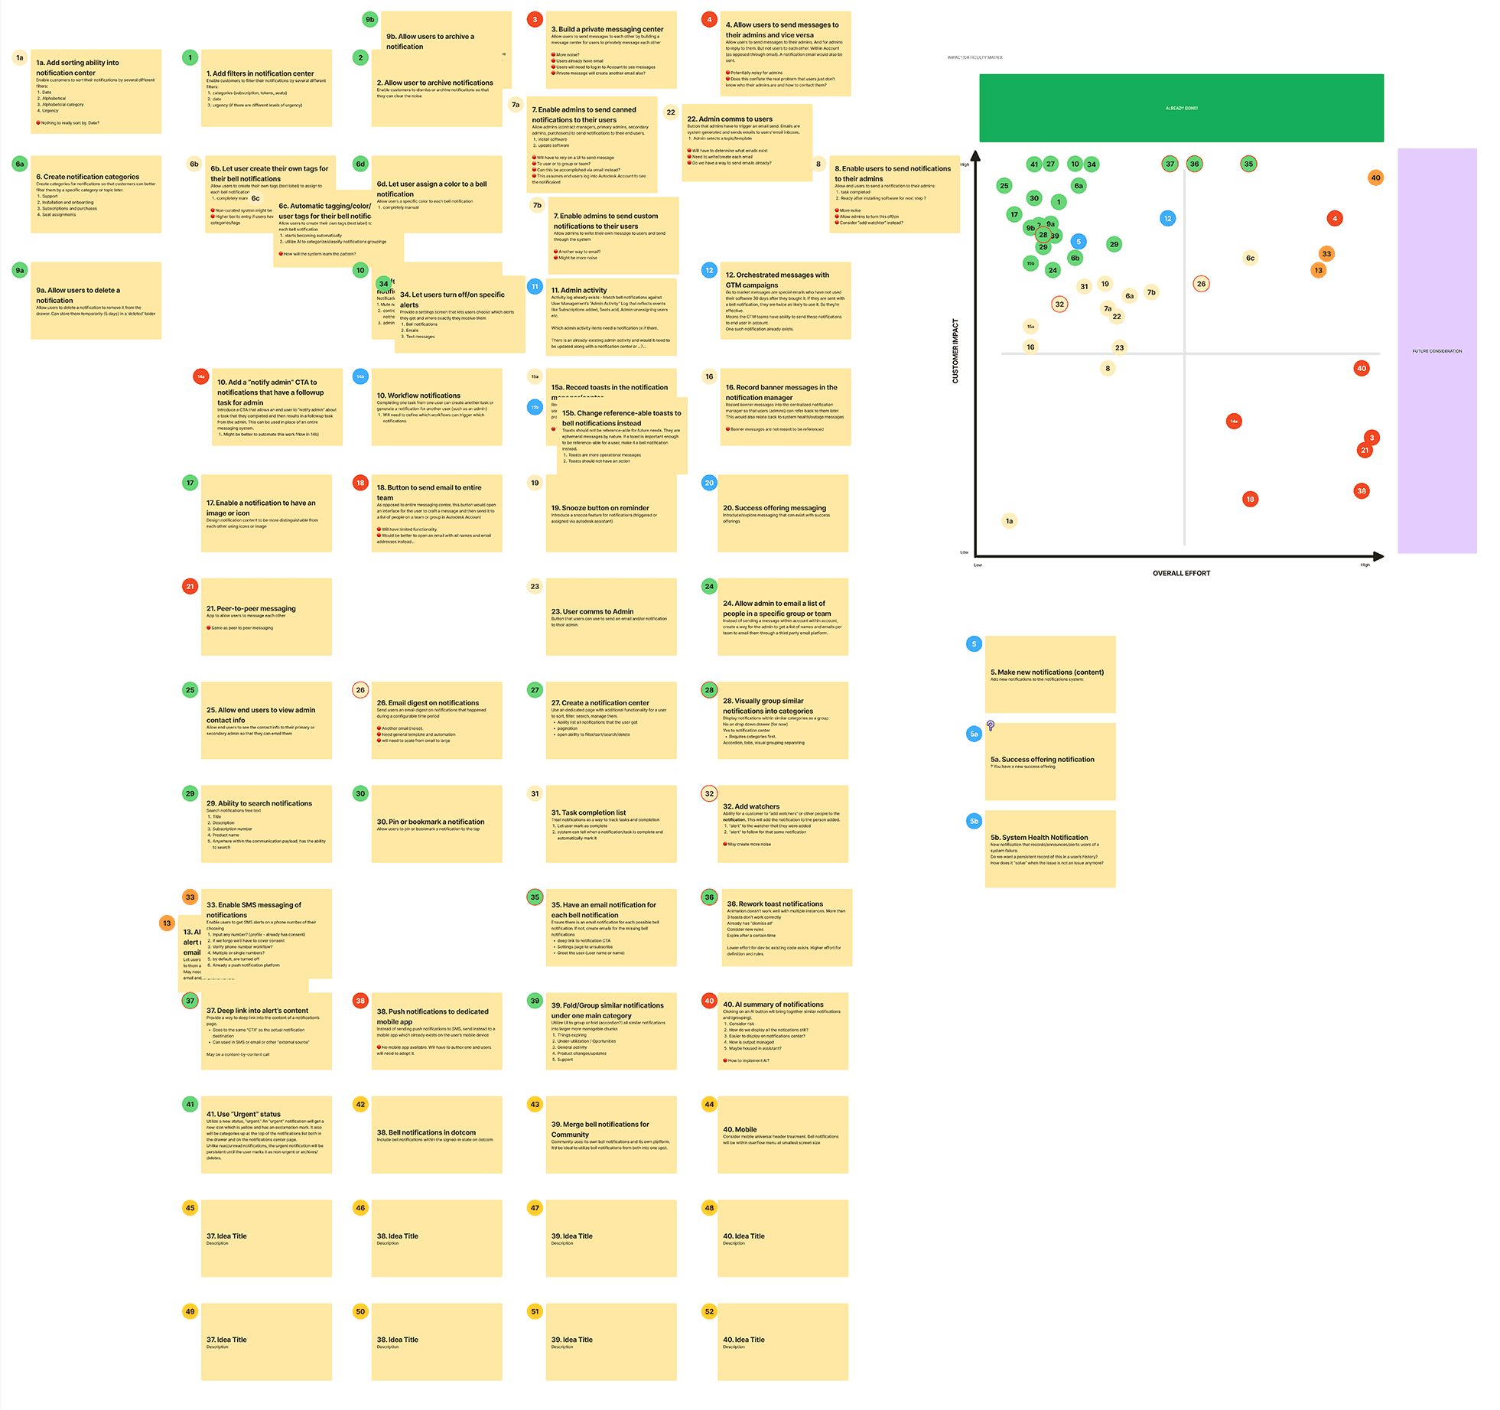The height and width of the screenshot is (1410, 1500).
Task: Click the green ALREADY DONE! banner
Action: tap(1181, 108)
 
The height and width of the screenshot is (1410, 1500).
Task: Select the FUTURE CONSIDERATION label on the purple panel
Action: tap(1437, 351)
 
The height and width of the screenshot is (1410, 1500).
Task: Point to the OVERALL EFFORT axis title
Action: tap(1181, 573)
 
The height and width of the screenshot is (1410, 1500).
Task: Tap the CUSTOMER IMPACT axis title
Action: tap(955, 350)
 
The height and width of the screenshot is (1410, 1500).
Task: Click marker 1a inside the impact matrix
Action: tap(1009, 521)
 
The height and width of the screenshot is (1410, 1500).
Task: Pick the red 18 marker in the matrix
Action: tap(1250, 499)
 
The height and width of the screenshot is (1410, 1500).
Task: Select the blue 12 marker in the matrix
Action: tap(1167, 218)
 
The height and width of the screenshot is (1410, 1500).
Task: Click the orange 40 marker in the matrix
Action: tap(1375, 177)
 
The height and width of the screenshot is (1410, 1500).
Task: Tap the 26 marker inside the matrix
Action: tap(1201, 284)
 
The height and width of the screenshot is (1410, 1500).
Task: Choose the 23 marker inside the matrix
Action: tap(1119, 347)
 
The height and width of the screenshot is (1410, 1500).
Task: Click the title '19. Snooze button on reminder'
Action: tap(600, 508)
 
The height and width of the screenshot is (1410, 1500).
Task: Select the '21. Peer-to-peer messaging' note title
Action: tap(251, 609)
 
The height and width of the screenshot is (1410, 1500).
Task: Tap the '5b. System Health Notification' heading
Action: tap(1039, 838)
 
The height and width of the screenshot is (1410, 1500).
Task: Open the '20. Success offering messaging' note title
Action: tap(774, 508)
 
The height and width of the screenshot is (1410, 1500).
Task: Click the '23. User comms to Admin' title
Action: tap(592, 612)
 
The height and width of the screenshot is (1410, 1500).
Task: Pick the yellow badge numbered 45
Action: tap(190, 1208)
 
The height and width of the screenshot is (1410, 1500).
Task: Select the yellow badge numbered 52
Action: tap(709, 1311)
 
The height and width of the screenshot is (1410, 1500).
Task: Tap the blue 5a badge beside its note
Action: tap(974, 734)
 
